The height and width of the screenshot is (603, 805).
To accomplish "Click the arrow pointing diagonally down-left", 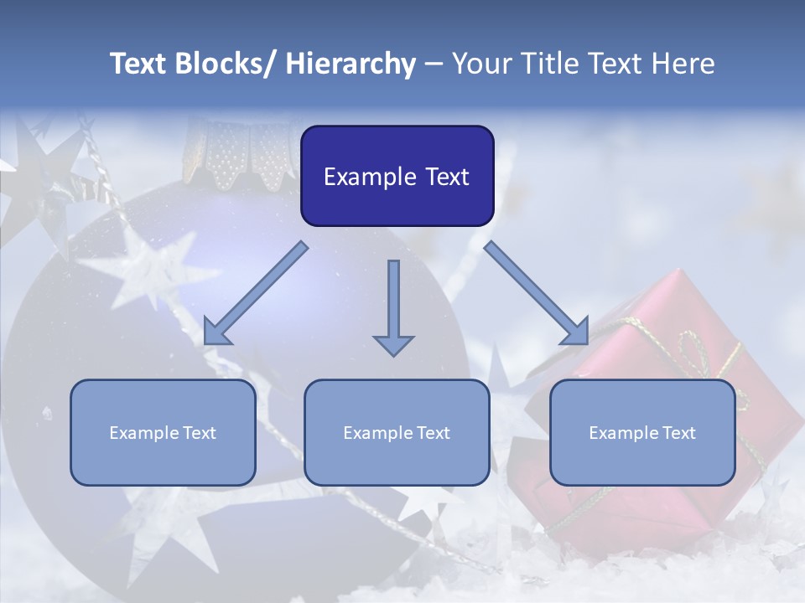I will tap(256, 293).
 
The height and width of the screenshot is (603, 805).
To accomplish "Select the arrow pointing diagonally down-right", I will tap(537, 293).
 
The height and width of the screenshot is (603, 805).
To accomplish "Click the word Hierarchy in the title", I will tap(351, 64).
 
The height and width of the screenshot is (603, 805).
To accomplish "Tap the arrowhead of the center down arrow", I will tap(393, 344).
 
